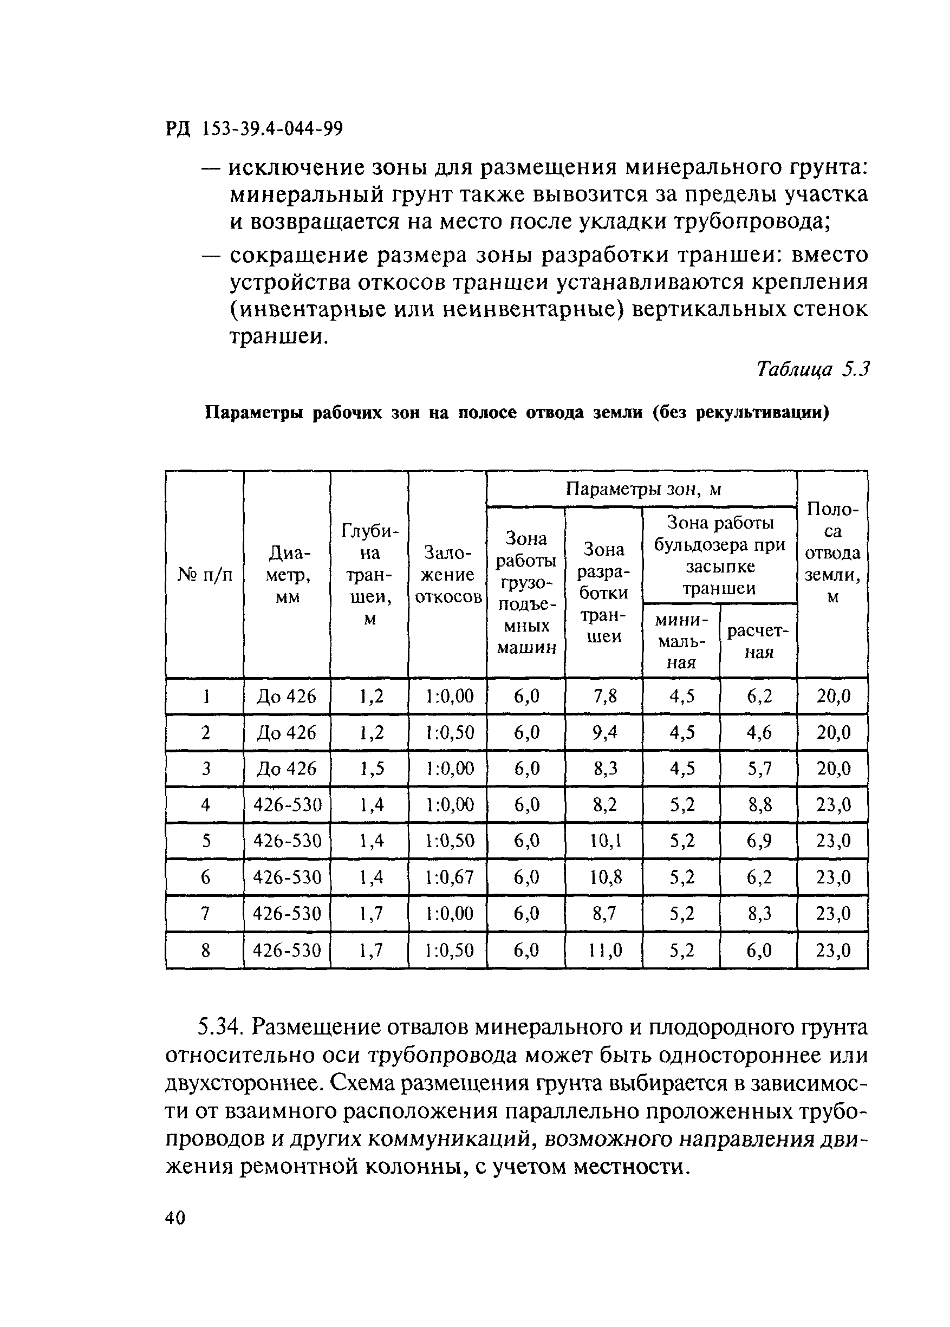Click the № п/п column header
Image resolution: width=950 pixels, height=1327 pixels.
205,575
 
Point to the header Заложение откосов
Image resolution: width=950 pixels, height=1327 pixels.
447,575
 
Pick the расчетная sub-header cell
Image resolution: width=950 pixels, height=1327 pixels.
758,641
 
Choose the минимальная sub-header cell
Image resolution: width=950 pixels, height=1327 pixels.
681,641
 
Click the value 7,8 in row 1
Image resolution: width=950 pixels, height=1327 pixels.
604,696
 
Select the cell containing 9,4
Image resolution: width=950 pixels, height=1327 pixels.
604,732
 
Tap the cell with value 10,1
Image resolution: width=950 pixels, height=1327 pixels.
604,841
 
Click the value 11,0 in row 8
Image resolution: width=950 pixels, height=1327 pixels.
604,951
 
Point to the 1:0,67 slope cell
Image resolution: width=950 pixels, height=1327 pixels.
447,877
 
